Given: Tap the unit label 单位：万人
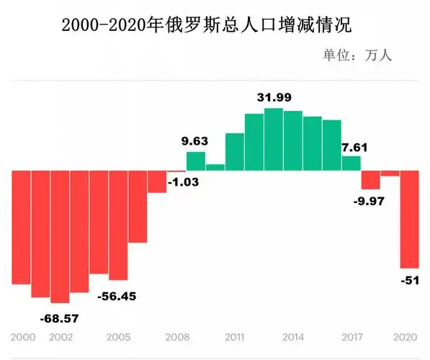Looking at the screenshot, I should click(x=357, y=55).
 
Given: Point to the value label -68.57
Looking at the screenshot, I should click(x=59, y=318).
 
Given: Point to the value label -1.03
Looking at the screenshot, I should click(x=183, y=182).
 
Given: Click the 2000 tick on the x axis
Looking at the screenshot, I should click(x=23, y=337).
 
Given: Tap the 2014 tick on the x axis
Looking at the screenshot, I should click(x=293, y=337).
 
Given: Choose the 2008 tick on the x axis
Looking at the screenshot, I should click(x=177, y=337).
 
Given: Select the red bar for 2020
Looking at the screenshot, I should click(x=410, y=219).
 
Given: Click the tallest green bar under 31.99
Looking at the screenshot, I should click(x=274, y=140).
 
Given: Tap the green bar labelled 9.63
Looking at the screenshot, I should click(x=196, y=161).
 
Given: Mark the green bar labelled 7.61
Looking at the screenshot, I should click(x=351, y=163).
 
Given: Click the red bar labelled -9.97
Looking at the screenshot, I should click(x=371, y=179).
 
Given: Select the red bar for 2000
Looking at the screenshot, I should click(x=22, y=227).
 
